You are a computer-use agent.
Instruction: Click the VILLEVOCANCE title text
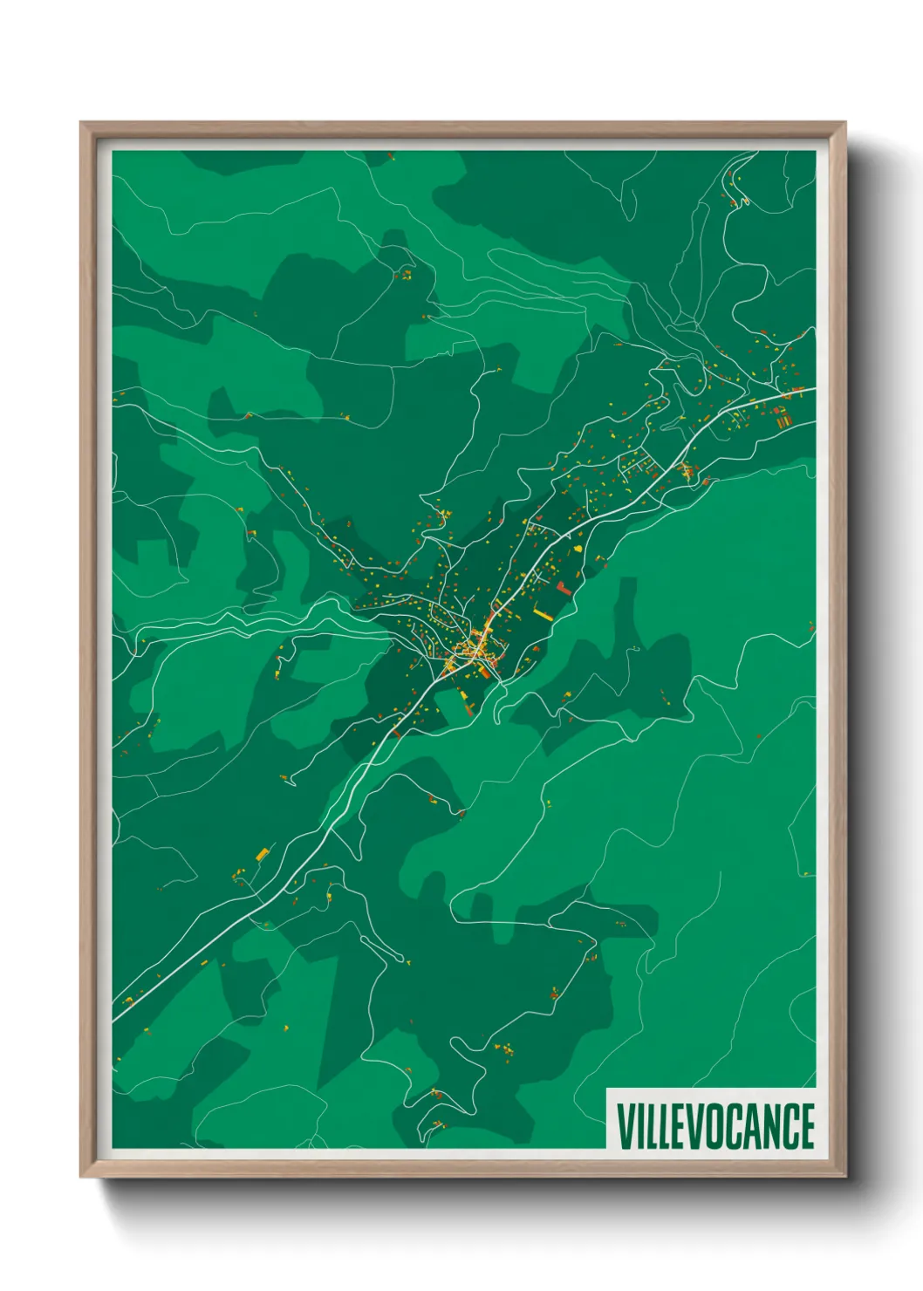(x=715, y=1126)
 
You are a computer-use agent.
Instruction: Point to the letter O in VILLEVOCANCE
(x=718, y=1126)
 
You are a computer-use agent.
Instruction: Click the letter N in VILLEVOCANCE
(x=772, y=1126)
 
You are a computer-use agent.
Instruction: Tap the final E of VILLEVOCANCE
(x=807, y=1126)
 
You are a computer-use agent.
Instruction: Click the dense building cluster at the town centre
(x=476, y=650)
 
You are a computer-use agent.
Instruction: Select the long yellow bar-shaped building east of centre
(x=543, y=615)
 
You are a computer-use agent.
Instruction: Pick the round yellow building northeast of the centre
(x=577, y=548)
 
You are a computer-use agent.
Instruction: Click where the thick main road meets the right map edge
(x=813, y=388)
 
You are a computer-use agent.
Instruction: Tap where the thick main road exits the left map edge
(x=114, y=1020)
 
